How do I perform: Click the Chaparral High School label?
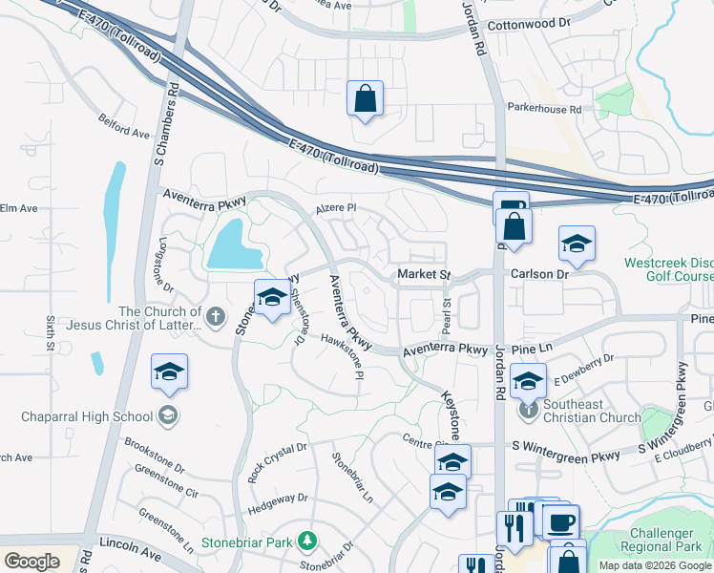87,416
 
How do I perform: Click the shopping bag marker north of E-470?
365,98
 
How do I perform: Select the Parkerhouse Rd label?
544,110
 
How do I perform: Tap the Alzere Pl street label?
336,207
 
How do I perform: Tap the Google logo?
31,562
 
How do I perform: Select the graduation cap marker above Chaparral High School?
169,371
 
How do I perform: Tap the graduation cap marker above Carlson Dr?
577,244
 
